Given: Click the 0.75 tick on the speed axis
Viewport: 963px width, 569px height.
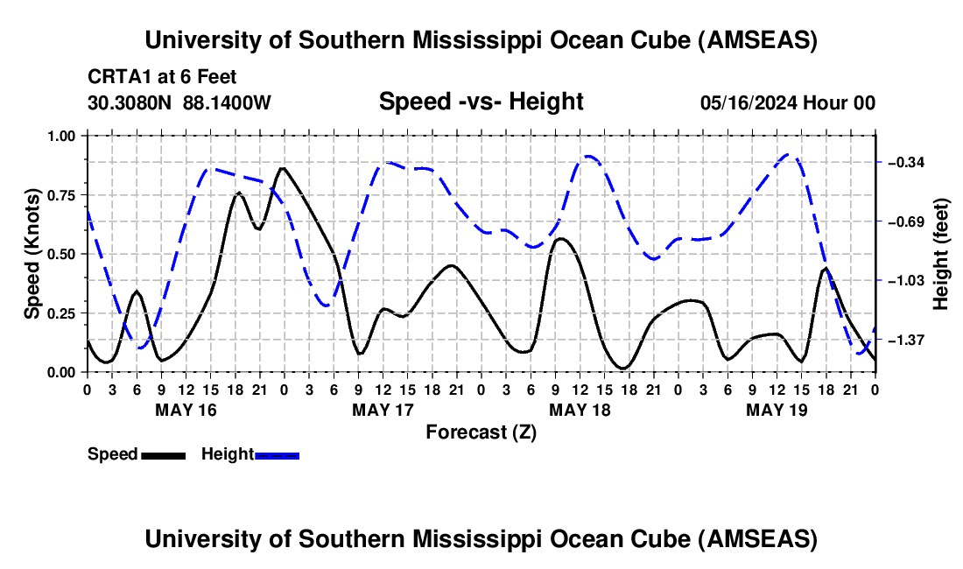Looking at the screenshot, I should point(63,194).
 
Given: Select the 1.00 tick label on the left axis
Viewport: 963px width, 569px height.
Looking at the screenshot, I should point(63,136).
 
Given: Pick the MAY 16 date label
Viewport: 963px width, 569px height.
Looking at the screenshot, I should point(186,409).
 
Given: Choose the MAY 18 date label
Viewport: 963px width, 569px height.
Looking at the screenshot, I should point(580,409).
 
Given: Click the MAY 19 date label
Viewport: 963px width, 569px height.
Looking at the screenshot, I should point(777,409).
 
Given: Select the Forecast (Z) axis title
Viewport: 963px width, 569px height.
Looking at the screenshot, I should point(481,432).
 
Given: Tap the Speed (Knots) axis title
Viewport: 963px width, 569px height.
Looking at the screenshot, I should point(32,254).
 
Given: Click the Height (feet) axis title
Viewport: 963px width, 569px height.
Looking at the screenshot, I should point(942,254).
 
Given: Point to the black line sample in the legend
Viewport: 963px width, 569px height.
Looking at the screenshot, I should point(163,455).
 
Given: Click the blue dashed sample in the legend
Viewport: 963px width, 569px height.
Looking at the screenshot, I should point(277,455).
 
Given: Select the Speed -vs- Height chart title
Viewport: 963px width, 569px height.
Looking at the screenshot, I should point(481,102).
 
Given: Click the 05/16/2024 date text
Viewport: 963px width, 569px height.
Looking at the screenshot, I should point(745,102).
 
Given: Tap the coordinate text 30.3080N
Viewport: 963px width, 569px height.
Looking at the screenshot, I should point(131,102).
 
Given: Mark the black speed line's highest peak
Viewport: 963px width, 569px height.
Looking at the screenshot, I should point(282,168).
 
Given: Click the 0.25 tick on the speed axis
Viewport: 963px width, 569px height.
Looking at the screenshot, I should point(63,313).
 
